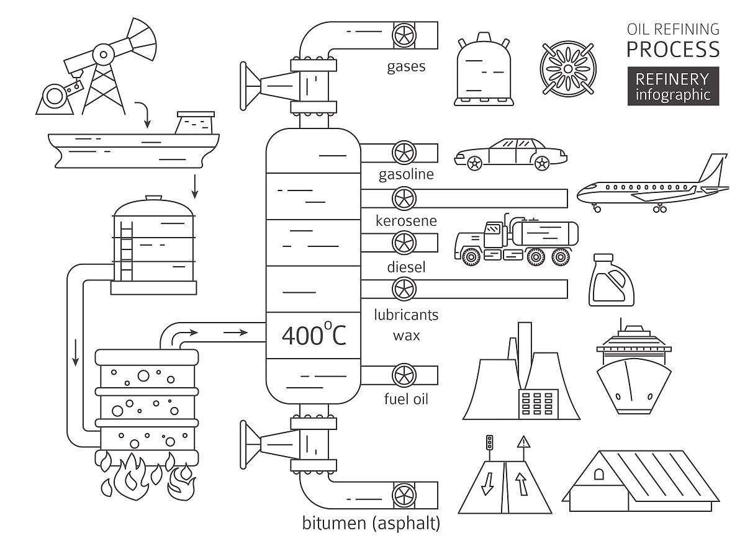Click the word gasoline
406,174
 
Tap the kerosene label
406,221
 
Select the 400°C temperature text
314,335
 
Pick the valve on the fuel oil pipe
405,375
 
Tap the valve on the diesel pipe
405,241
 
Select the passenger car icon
510,153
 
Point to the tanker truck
517,239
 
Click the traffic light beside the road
490,443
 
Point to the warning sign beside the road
525,442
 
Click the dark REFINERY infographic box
673,86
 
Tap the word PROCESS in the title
673,48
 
